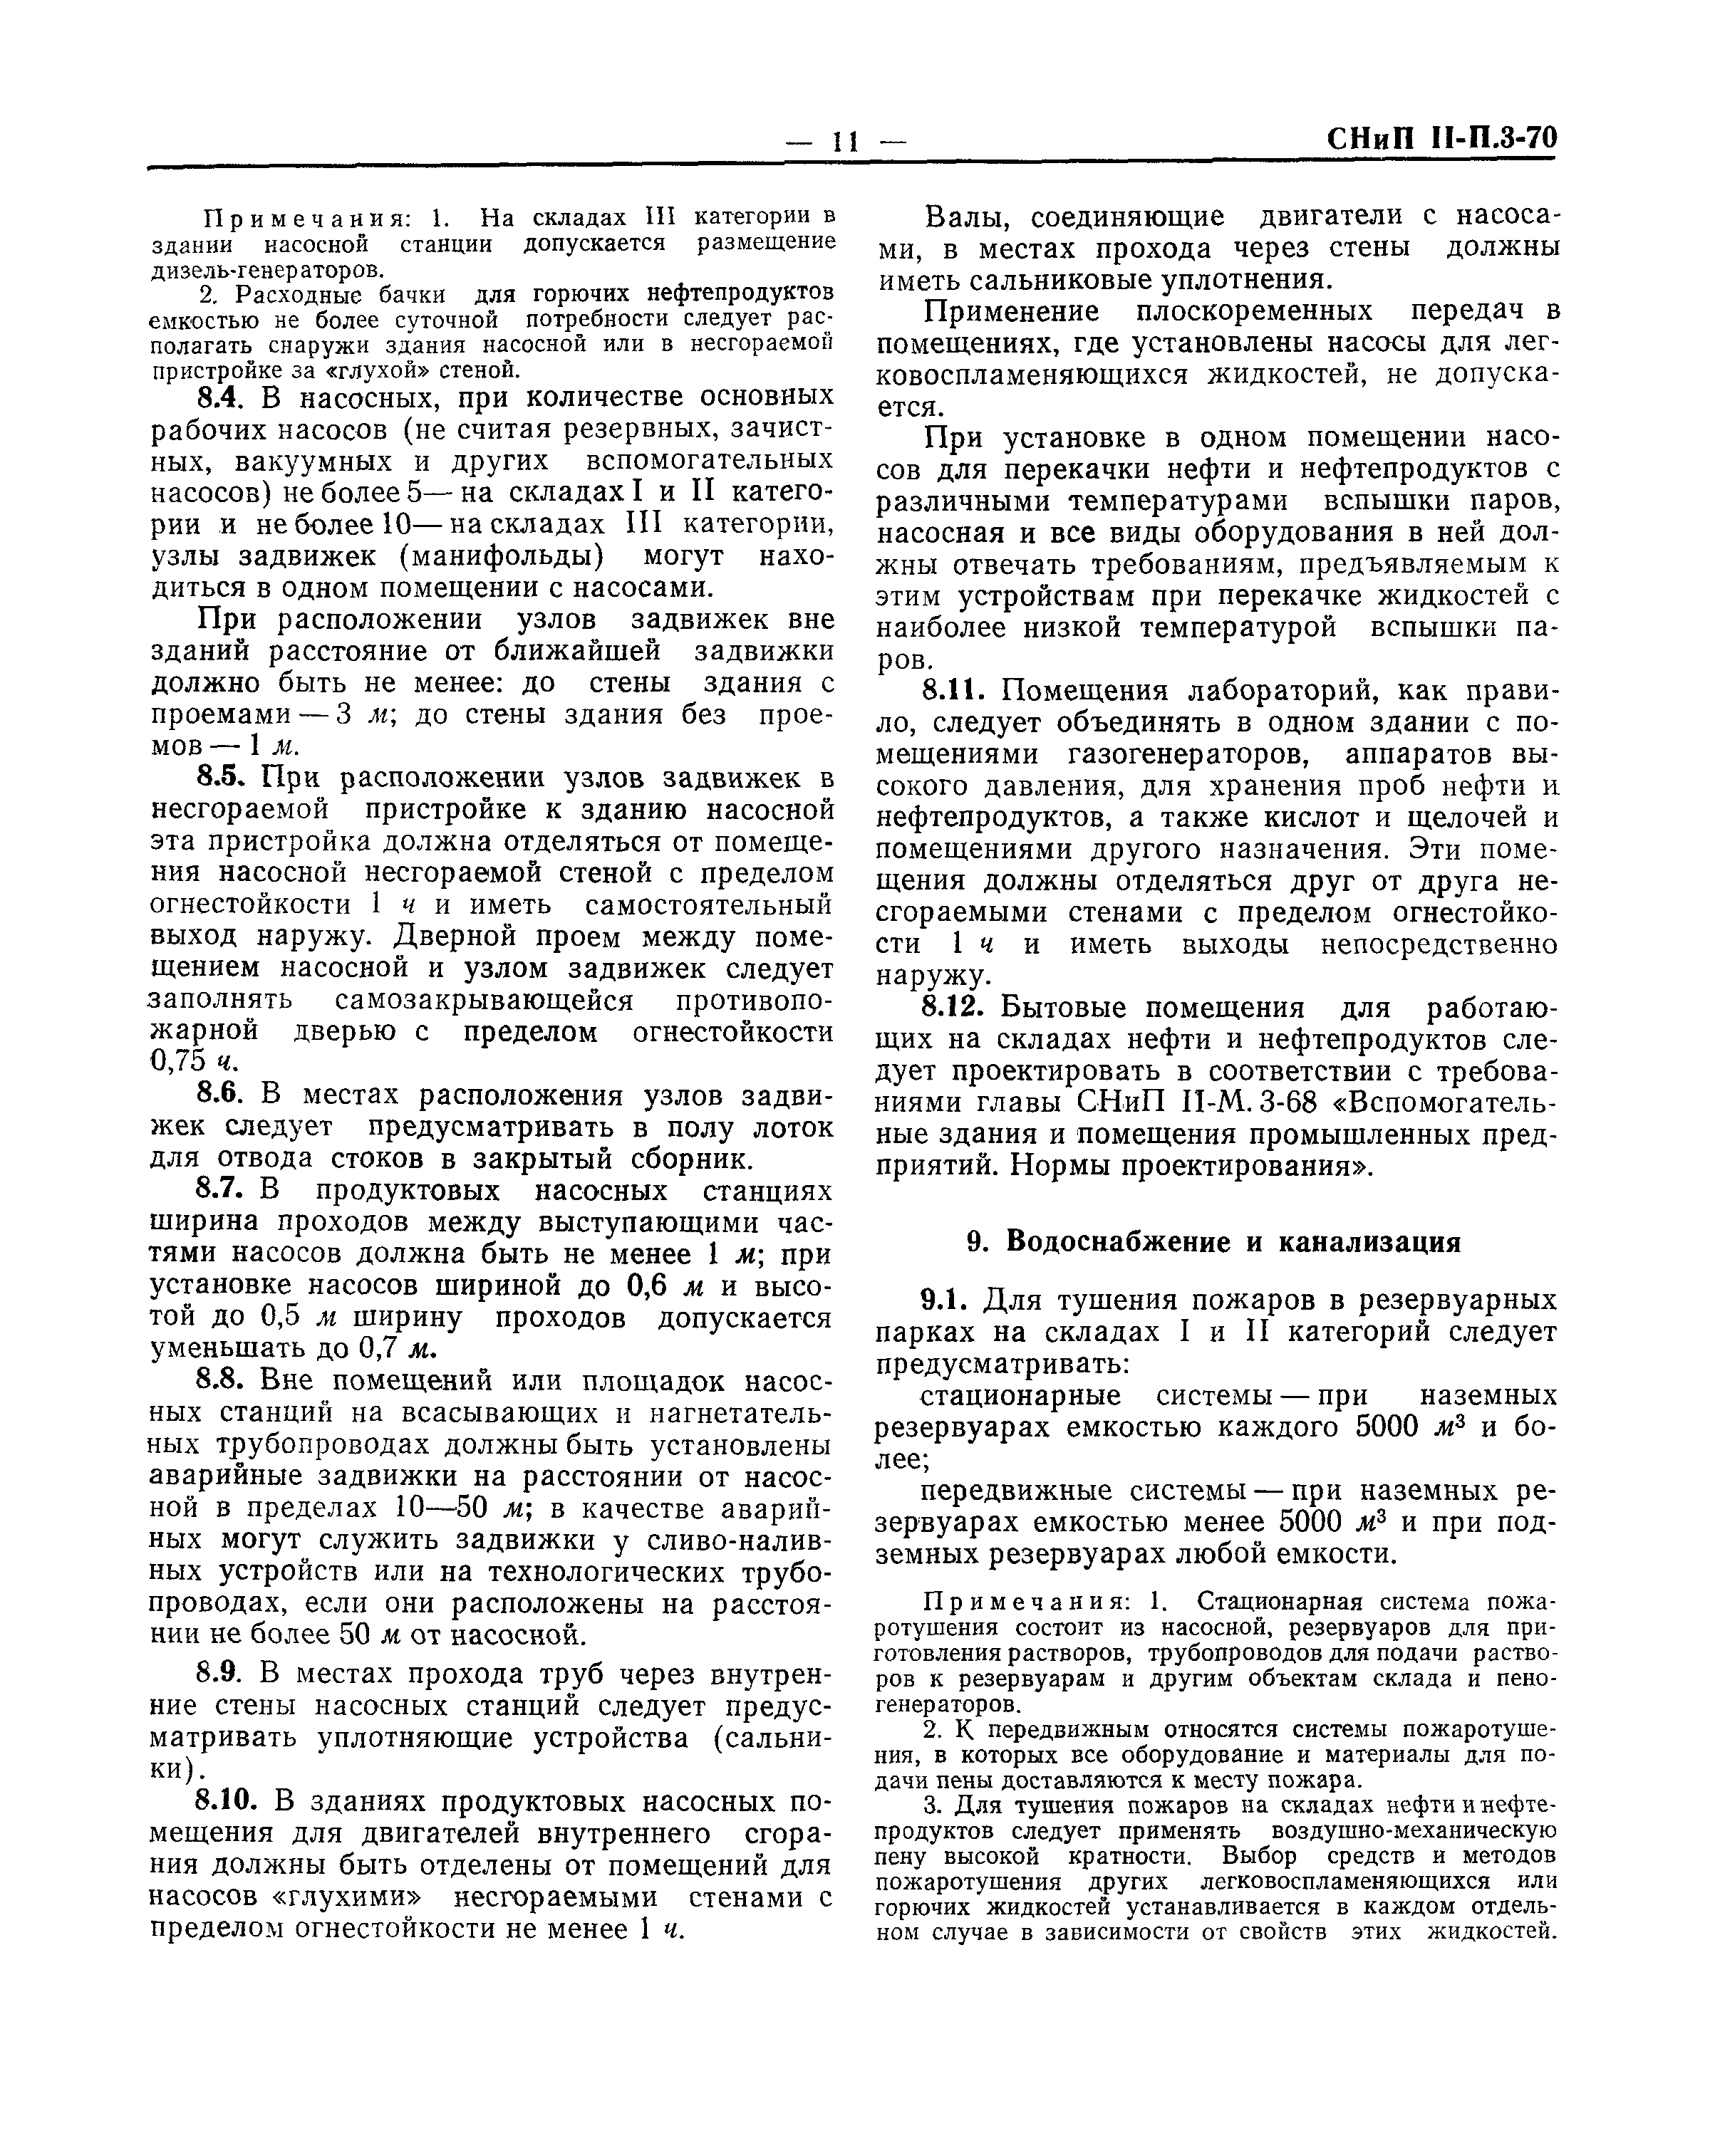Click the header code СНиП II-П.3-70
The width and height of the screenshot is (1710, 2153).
(1441, 137)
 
